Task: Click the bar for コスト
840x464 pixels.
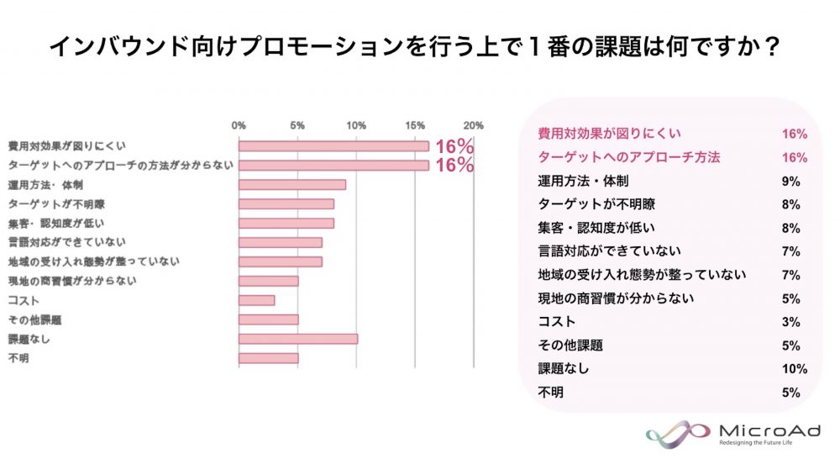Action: (x=256, y=300)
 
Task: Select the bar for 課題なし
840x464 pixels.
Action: (x=297, y=339)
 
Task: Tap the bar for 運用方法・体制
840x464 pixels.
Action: (x=291, y=185)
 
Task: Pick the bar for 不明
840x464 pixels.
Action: (x=268, y=358)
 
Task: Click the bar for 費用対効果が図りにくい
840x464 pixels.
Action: (x=333, y=146)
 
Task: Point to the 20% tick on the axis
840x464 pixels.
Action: (x=474, y=125)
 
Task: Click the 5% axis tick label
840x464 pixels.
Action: (x=297, y=125)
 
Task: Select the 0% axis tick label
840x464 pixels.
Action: (x=239, y=125)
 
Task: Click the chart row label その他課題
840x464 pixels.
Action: (x=34, y=319)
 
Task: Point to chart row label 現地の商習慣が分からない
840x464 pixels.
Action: (x=71, y=281)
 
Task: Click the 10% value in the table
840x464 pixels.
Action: (x=794, y=369)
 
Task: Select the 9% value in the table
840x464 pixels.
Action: (x=790, y=181)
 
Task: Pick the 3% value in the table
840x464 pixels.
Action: (x=790, y=322)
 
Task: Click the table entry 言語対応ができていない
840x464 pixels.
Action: (x=609, y=251)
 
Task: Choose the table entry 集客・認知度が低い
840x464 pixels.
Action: (x=596, y=228)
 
